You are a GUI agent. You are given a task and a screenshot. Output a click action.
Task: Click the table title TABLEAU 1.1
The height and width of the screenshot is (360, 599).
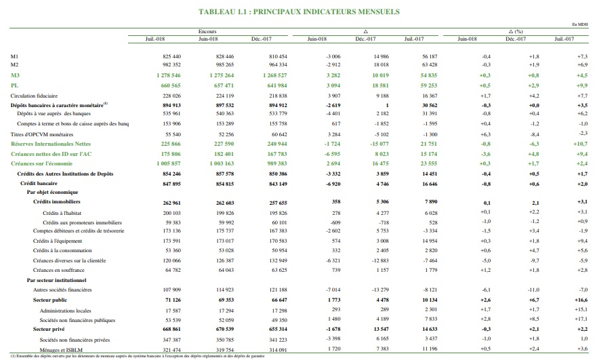click(x=299, y=12)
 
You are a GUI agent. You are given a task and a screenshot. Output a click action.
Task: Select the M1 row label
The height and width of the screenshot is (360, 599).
click(x=15, y=56)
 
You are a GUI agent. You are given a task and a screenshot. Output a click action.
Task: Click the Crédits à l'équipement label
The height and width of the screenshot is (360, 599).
click(x=56, y=241)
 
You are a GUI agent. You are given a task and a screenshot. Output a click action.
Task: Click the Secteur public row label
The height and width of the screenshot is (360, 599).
click(x=50, y=299)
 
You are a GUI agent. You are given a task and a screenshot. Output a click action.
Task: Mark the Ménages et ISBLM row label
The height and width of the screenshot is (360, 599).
click(x=57, y=348)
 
